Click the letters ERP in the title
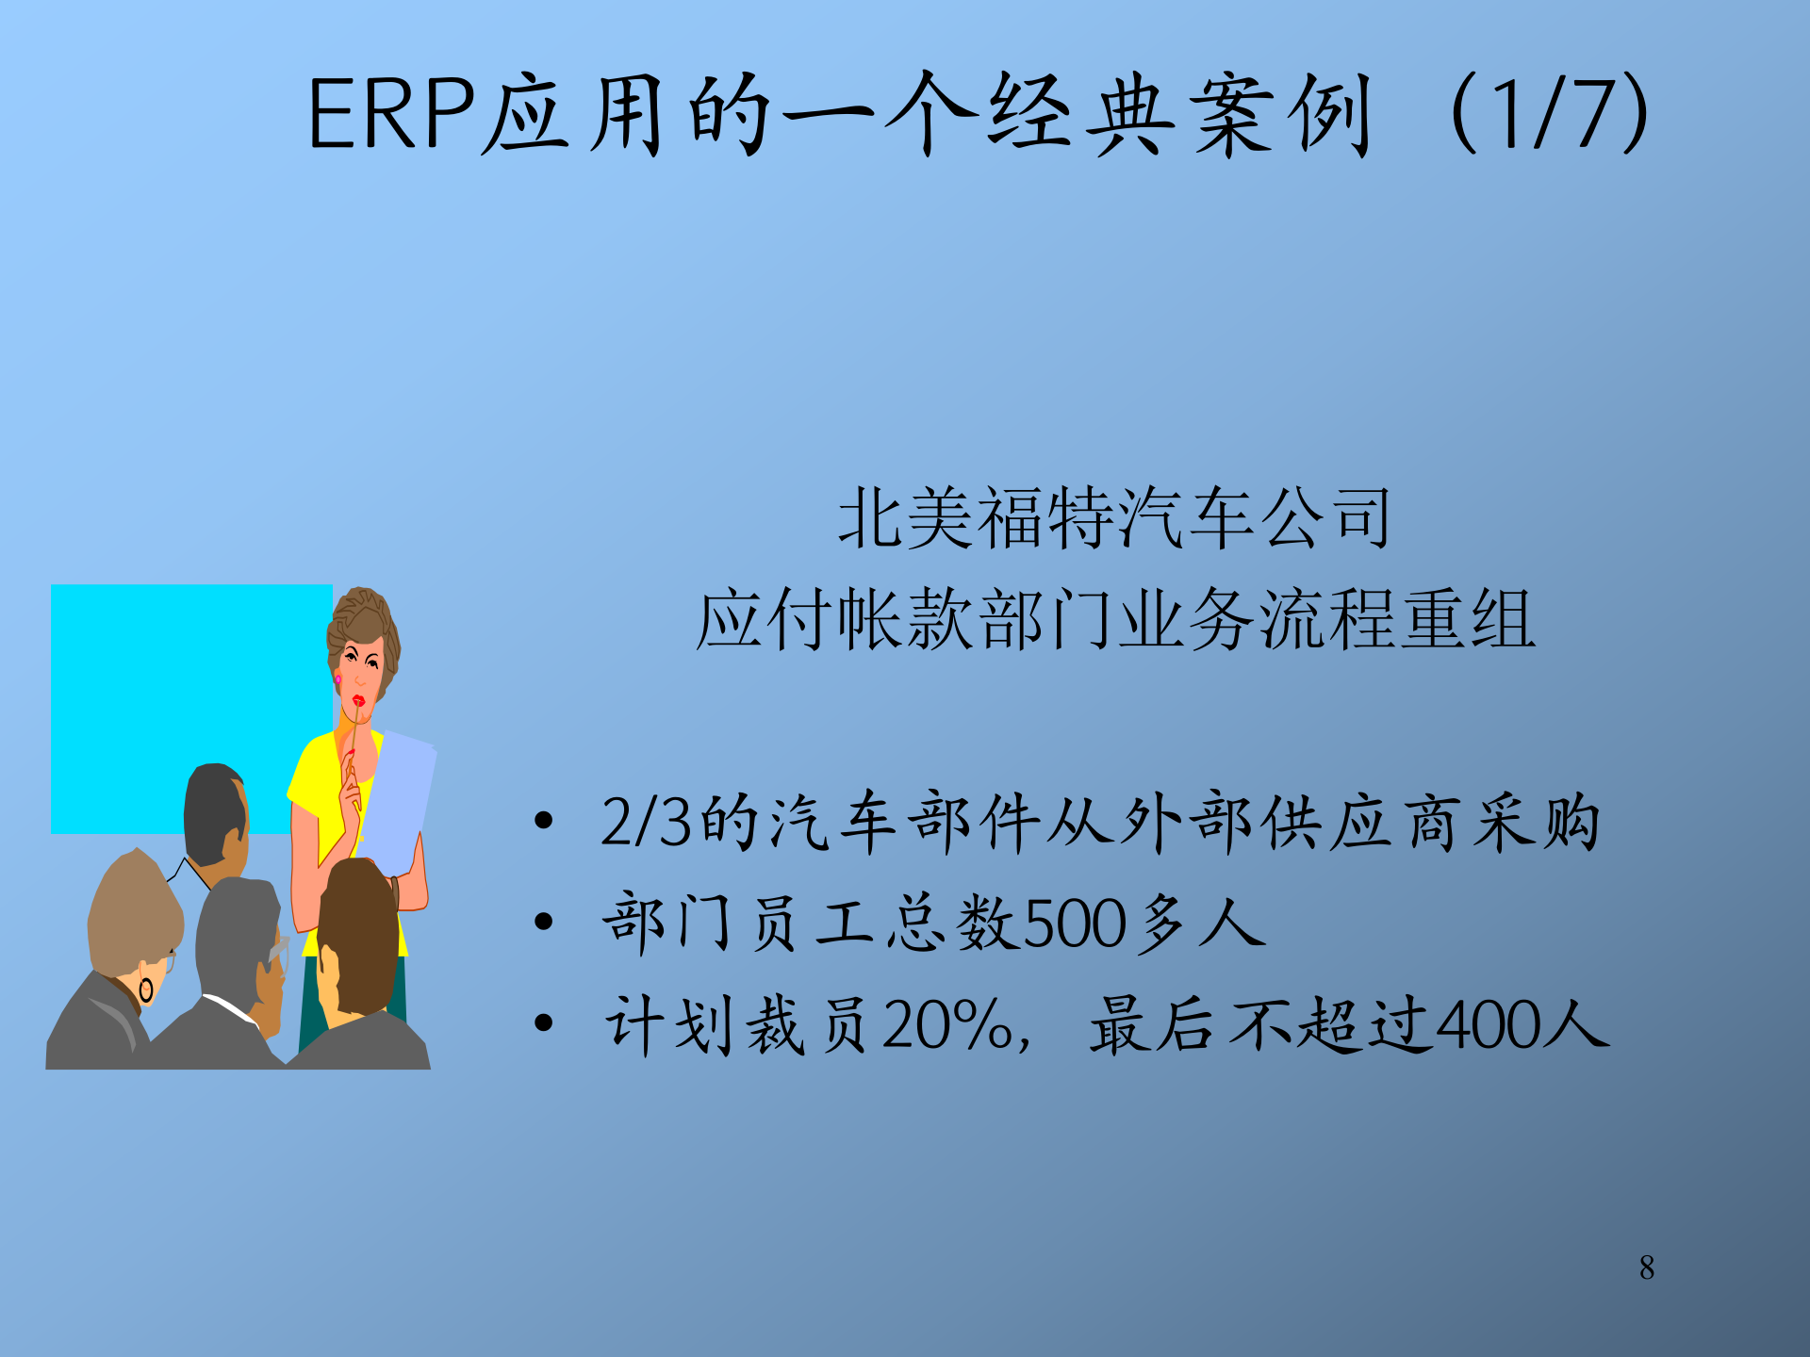pos(392,115)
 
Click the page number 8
pos(1647,1267)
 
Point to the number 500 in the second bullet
pos(1075,924)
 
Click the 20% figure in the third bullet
pos(947,1025)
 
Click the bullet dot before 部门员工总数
pos(543,922)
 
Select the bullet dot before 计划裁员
pos(543,1023)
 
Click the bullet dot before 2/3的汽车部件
pos(543,821)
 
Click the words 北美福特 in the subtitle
pos(976,518)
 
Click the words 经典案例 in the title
pos(1178,115)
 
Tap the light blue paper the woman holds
pos(396,801)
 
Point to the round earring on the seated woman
pos(146,990)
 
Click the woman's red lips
pos(358,701)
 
